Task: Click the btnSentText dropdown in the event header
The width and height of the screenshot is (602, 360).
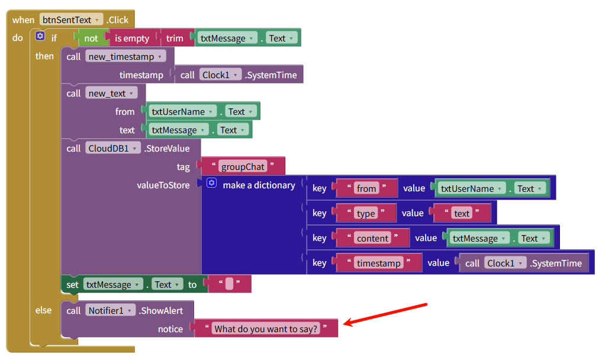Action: coord(71,20)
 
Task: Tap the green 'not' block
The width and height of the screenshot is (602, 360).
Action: coord(91,38)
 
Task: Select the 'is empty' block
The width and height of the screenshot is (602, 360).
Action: coord(132,38)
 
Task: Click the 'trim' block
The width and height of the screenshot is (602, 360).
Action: coord(175,38)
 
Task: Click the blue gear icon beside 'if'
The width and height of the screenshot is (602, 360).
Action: coord(40,37)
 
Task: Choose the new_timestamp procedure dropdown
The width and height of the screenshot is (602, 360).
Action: coord(125,57)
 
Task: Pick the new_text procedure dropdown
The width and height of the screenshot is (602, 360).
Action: coord(111,94)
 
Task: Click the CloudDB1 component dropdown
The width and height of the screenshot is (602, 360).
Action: coord(112,149)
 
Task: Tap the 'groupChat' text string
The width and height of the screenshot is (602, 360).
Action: coord(243,167)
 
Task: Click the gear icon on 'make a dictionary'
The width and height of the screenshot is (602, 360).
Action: coord(212,184)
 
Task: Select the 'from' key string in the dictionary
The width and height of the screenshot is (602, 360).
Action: coord(366,189)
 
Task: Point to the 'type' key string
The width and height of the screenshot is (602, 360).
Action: coord(366,214)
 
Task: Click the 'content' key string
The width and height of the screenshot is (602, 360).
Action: coord(372,239)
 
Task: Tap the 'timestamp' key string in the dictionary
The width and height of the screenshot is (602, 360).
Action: coord(378,263)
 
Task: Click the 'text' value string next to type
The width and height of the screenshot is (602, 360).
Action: coord(462,214)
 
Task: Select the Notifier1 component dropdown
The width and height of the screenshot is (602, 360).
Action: coord(111,311)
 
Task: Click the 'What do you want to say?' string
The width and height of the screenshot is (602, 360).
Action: coord(266,329)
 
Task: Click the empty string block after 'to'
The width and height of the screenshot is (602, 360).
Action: coord(229,285)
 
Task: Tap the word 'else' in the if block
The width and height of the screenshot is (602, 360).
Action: coord(44,310)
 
